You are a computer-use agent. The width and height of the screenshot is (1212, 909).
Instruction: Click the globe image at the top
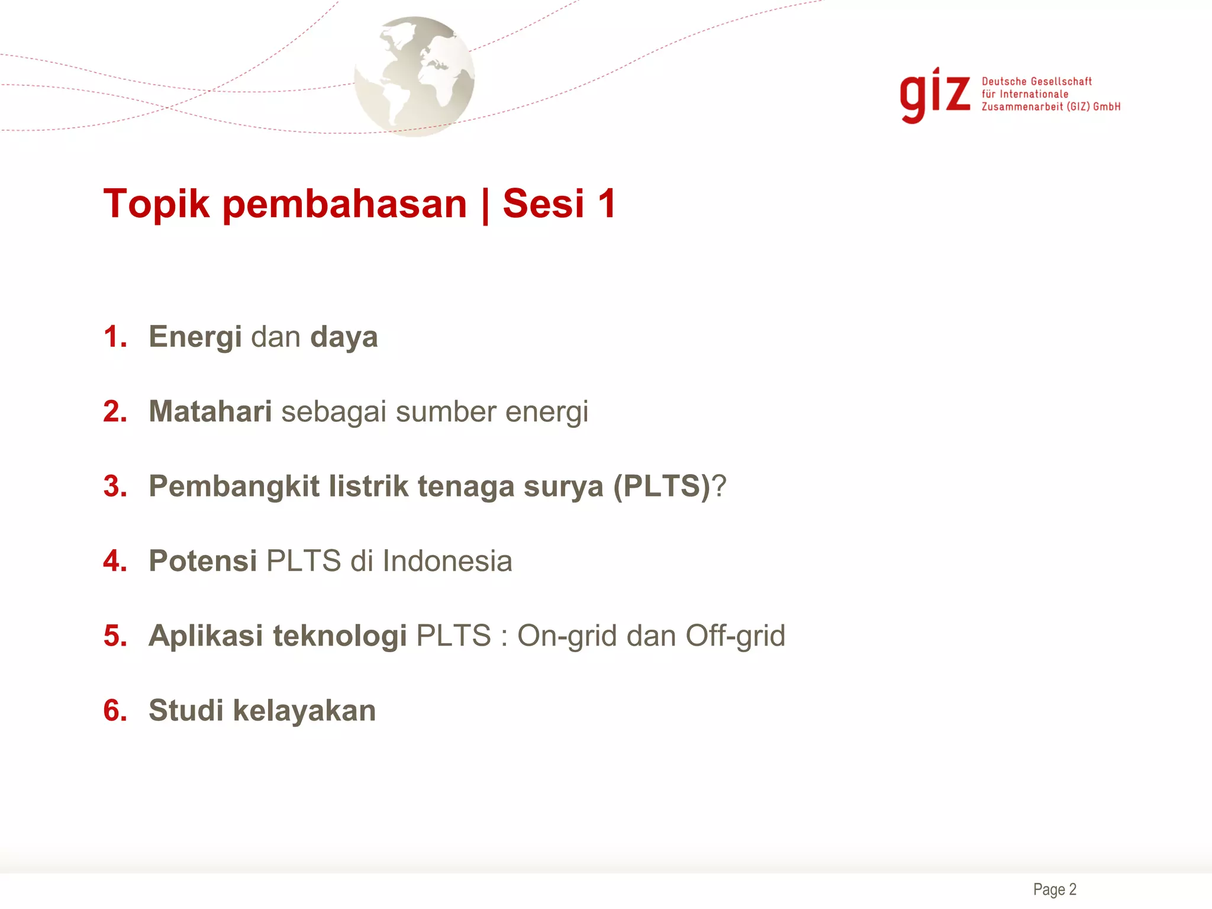pyautogui.click(x=414, y=77)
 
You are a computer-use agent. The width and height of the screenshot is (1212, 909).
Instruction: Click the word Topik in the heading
pyautogui.click(x=156, y=204)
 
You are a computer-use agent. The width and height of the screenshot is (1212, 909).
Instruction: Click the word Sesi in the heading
pyautogui.click(x=543, y=204)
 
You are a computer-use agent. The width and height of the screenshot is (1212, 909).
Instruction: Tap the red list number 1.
pyautogui.click(x=115, y=337)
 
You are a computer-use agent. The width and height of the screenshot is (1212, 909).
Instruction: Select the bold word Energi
pyautogui.click(x=195, y=338)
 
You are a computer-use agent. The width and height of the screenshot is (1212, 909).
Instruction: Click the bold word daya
pyautogui.click(x=344, y=338)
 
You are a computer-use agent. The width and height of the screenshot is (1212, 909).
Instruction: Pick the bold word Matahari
pyautogui.click(x=210, y=411)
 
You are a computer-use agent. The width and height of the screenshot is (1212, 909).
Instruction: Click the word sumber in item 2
pyautogui.click(x=446, y=412)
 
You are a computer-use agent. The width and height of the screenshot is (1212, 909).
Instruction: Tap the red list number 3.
pyautogui.click(x=115, y=486)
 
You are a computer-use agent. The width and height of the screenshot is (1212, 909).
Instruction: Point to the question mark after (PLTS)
pyautogui.click(x=718, y=486)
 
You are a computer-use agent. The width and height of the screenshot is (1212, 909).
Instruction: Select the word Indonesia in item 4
pyautogui.click(x=447, y=561)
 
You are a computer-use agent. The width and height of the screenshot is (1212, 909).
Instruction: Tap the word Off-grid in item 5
pyautogui.click(x=735, y=636)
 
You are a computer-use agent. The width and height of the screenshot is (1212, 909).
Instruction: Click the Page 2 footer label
pyautogui.click(x=1055, y=889)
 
